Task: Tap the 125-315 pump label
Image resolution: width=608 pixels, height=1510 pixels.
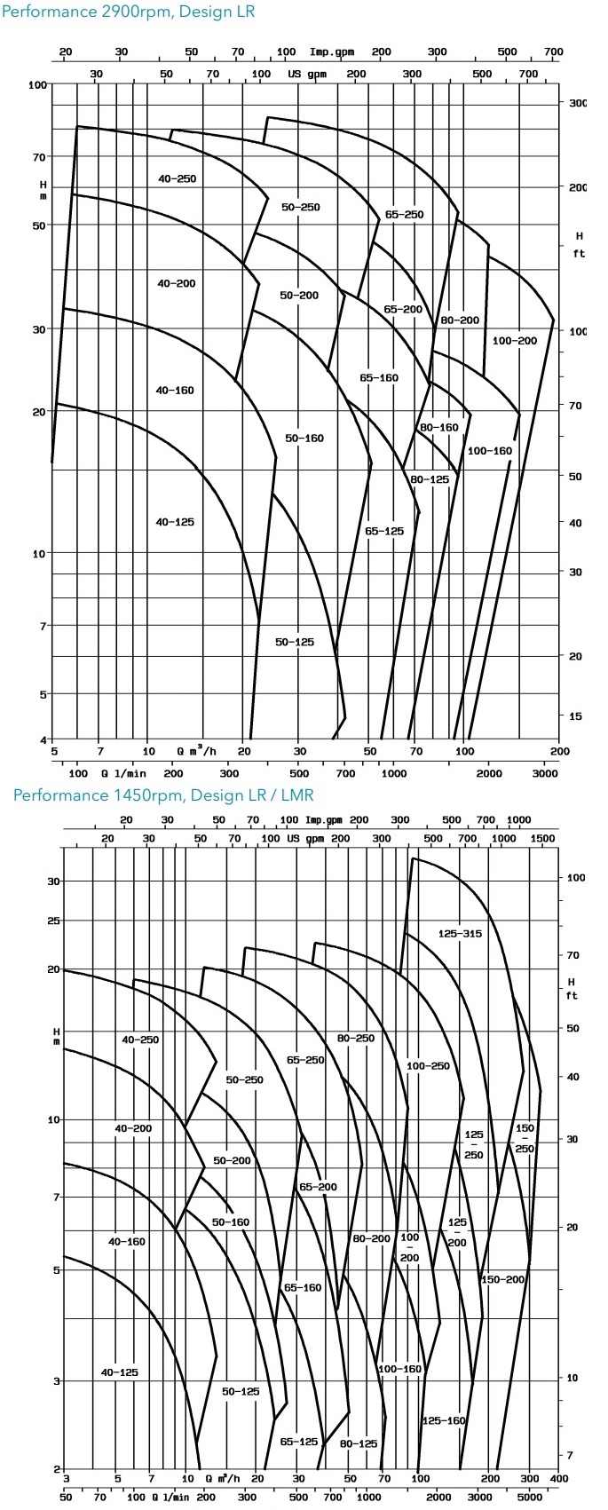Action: click(460, 933)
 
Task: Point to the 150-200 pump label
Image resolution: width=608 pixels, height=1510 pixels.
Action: click(503, 1279)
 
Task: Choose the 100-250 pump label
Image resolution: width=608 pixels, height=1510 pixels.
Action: click(428, 1065)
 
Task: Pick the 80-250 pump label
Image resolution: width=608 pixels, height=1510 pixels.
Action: click(355, 1038)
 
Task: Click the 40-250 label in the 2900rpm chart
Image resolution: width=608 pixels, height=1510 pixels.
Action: click(177, 178)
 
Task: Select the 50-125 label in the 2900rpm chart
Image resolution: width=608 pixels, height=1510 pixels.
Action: click(295, 642)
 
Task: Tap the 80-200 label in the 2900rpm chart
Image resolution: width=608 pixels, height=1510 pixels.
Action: click(460, 320)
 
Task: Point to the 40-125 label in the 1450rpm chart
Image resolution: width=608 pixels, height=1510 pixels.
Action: click(120, 1372)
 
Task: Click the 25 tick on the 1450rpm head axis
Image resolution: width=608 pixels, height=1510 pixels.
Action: click(53, 921)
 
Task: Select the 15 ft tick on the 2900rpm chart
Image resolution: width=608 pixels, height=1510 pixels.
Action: click(575, 715)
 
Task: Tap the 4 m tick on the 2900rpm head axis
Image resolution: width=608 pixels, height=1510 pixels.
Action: click(43, 739)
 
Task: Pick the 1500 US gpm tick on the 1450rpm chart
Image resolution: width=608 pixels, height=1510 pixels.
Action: click(541, 839)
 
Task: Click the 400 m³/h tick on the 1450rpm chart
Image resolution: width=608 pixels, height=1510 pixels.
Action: click(559, 1479)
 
